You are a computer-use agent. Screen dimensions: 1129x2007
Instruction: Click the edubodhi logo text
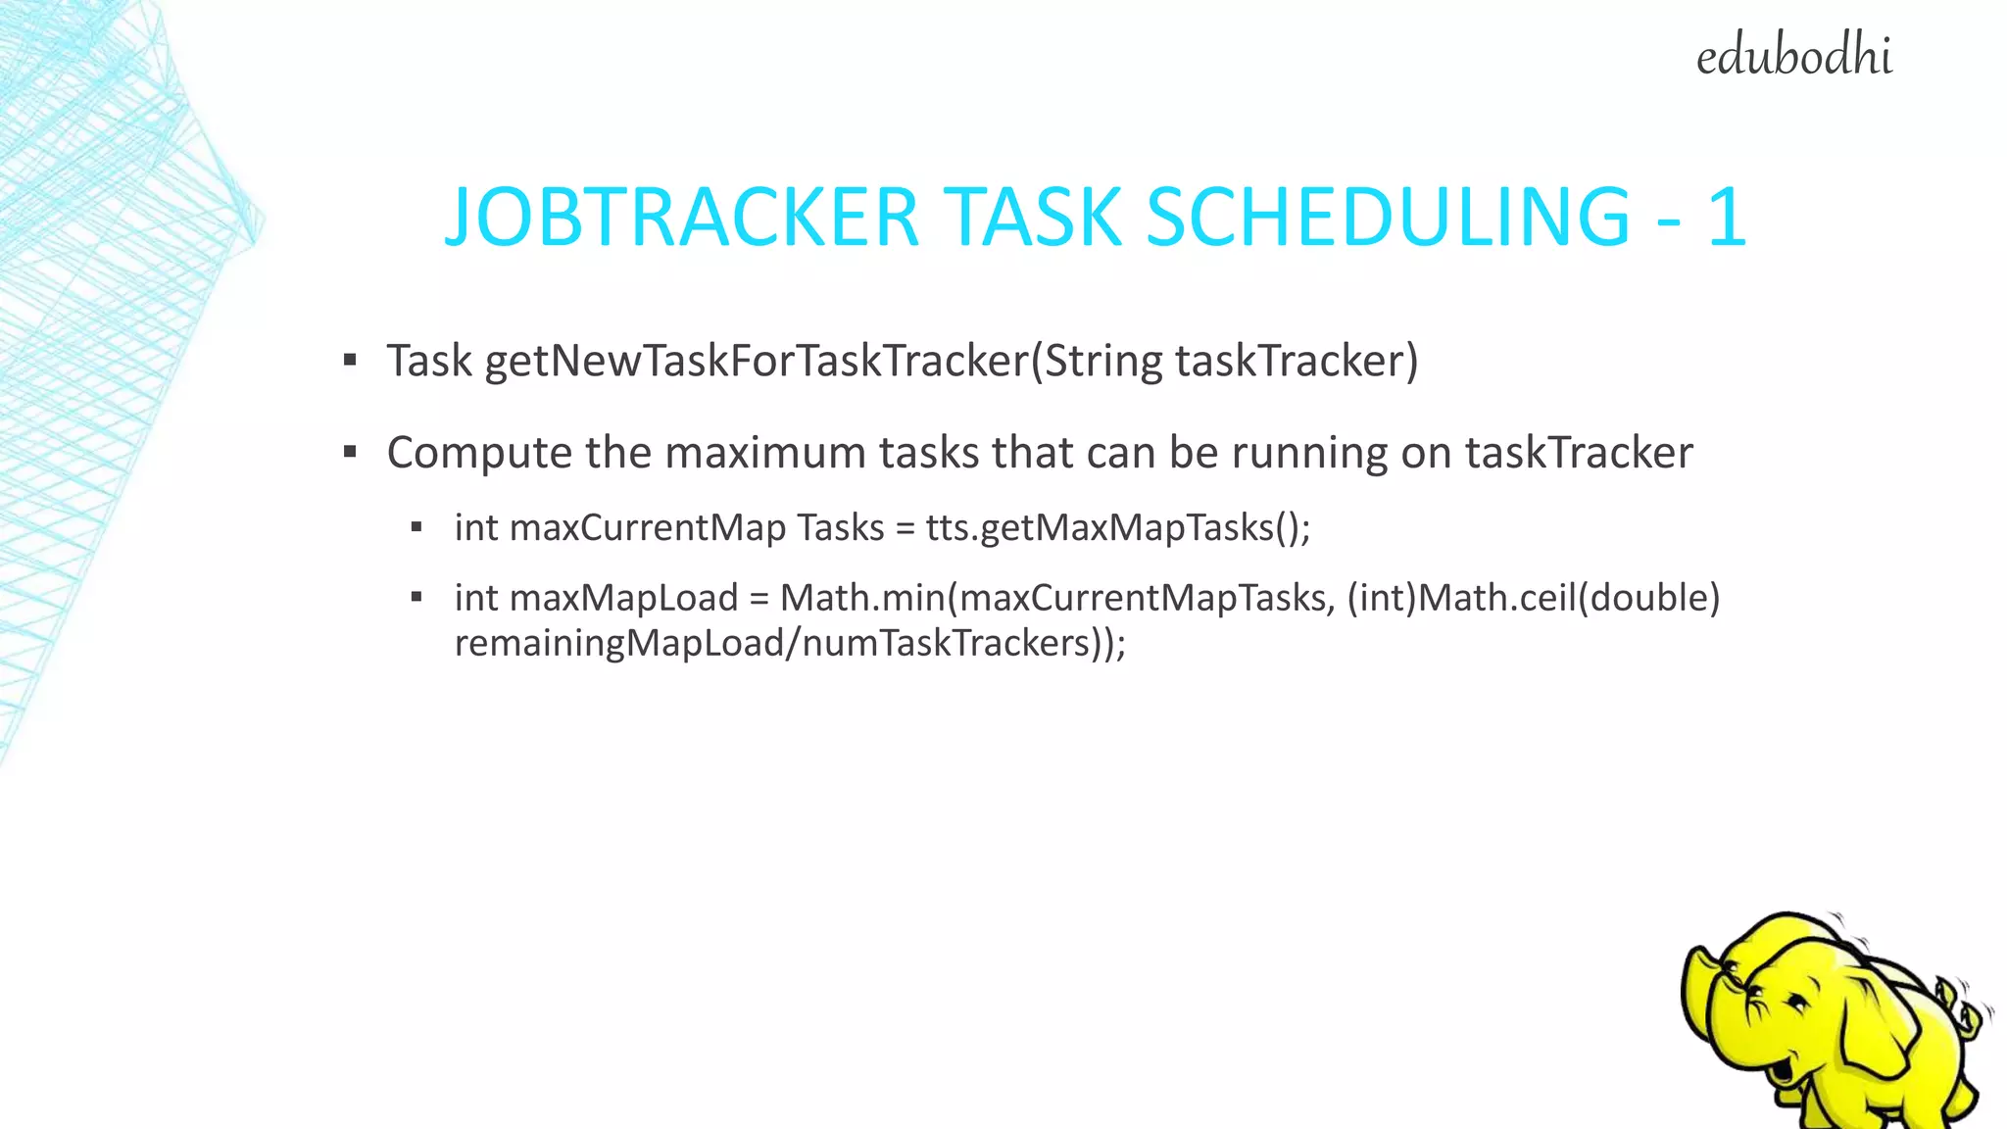pos(1793,57)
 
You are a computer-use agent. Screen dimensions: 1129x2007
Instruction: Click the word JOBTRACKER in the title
pos(682,217)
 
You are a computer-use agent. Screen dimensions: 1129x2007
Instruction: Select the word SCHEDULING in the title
pos(1388,217)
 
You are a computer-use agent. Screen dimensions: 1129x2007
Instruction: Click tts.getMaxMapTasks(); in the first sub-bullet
pos(1117,528)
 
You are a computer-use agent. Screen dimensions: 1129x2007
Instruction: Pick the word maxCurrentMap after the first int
pos(648,528)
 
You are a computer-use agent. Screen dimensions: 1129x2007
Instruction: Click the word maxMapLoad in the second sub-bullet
pos(623,598)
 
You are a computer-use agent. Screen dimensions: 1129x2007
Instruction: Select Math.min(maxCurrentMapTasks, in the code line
pos(1057,598)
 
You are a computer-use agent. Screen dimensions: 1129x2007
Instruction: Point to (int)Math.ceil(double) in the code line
pos(1534,598)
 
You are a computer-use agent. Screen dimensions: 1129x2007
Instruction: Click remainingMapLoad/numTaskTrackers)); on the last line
pos(790,644)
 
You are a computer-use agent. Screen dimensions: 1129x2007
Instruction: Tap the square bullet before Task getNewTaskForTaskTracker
pos(350,361)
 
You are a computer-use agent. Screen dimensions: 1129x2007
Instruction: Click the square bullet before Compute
pos(350,453)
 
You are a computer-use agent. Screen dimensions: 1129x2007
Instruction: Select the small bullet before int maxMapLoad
pos(416,597)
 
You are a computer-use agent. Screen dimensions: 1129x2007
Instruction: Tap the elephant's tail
pos(1965,1009)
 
